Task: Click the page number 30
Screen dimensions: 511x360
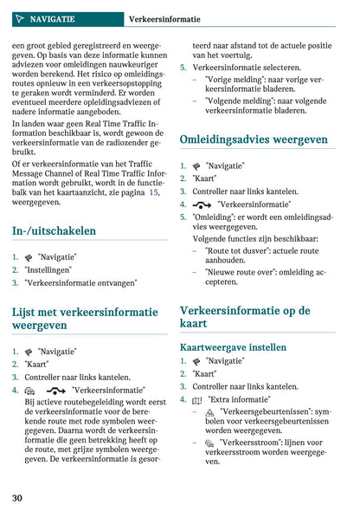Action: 17,498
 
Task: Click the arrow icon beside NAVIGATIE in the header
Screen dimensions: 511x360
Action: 19,18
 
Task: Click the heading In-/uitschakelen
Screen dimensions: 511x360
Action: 54,231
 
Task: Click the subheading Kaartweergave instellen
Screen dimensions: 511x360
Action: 233,347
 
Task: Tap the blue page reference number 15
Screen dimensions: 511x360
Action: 154,192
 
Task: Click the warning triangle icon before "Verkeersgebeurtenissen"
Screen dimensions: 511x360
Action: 209,413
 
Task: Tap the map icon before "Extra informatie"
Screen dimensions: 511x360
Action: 197,400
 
